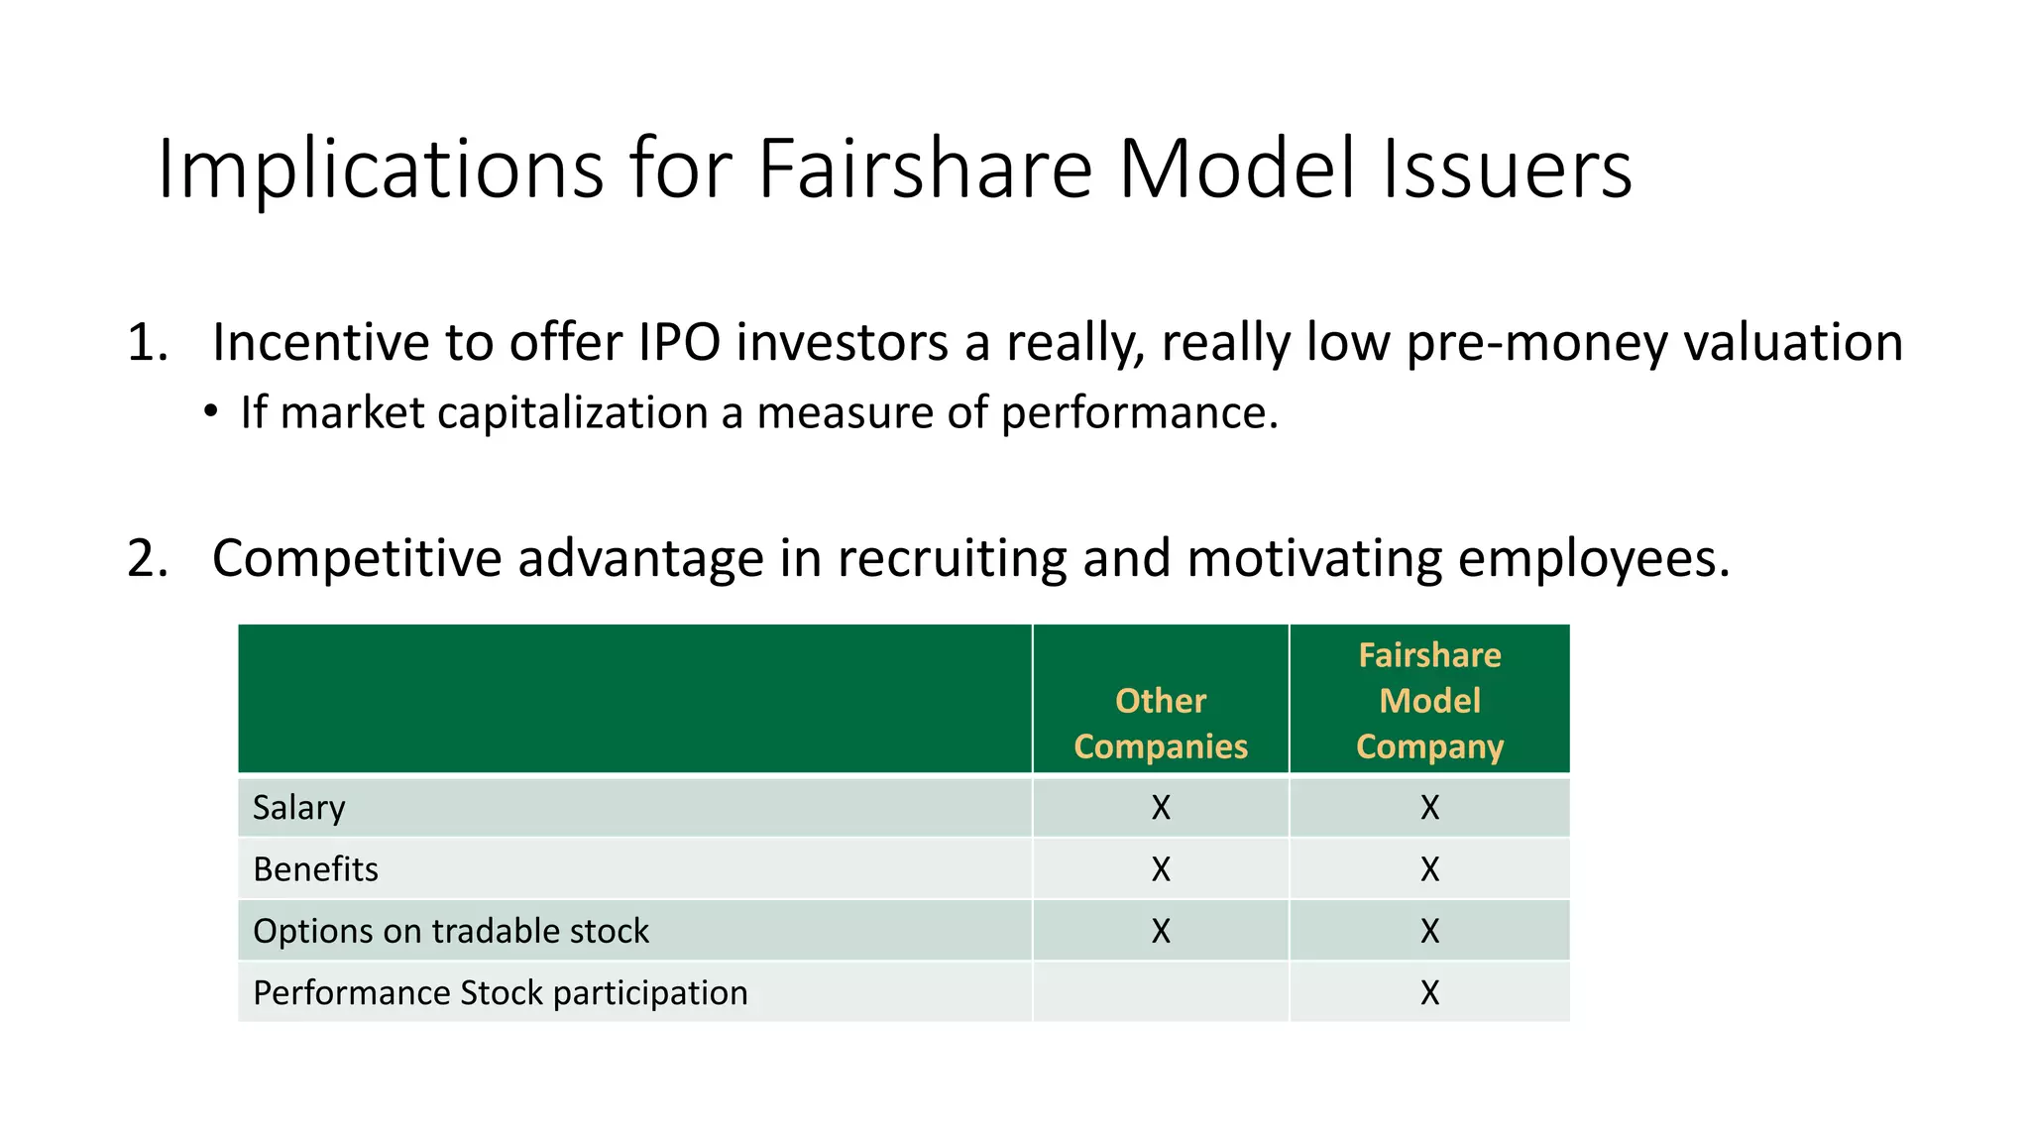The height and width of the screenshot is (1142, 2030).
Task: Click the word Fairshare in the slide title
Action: pos(924,169)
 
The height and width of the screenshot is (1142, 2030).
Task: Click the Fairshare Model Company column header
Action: pos(1429,701)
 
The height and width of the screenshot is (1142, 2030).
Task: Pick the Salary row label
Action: pos(298,808)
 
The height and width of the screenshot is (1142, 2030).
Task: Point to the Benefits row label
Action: pos(315,869)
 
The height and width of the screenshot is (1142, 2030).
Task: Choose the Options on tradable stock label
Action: pos(451,931)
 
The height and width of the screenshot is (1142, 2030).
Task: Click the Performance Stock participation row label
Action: pos(501,992)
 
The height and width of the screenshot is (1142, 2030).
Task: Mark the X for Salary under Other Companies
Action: pos(1161,808)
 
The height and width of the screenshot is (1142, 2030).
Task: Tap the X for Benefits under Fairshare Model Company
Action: pos(1429,869)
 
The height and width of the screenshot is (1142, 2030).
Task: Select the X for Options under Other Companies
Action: pos(1161,931)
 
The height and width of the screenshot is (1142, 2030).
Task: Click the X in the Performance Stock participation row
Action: pos(1429,992)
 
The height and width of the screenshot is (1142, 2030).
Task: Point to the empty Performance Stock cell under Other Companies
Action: pos(1161,992)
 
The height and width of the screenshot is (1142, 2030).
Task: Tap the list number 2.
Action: pos(147,559)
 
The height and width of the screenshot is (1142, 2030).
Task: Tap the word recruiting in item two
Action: pos(952,559)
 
